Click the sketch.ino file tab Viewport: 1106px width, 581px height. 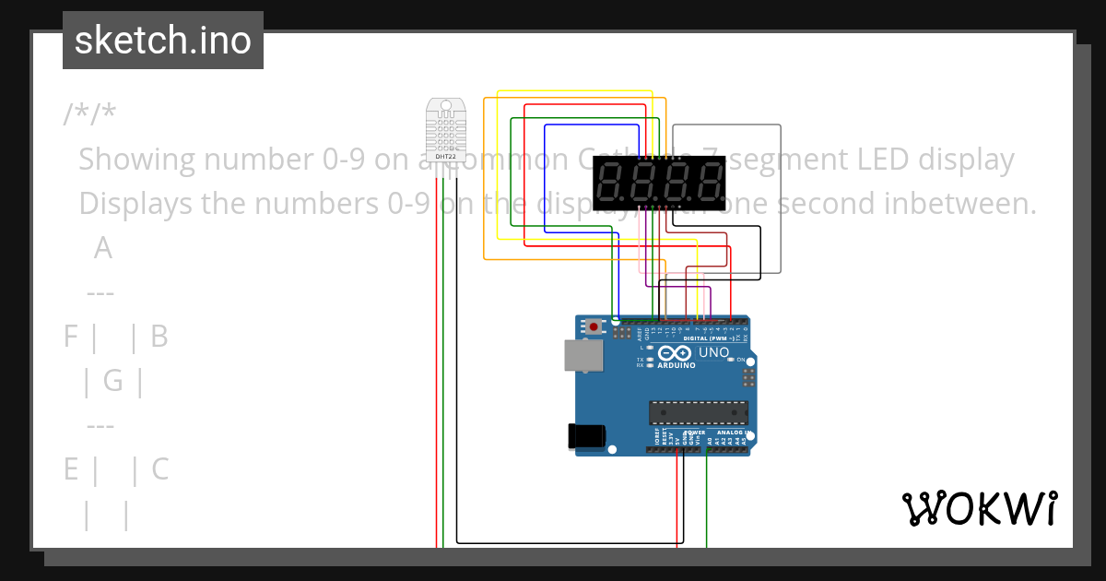163,41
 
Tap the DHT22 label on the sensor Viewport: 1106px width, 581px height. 445,157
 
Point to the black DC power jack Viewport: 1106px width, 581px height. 588,435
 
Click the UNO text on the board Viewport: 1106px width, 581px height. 714,352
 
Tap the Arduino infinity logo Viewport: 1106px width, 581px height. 674,353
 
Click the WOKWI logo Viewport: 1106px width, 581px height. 979,508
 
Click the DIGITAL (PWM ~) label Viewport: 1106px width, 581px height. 709,338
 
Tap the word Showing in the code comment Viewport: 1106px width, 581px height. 137,160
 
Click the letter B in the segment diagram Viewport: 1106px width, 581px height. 159,337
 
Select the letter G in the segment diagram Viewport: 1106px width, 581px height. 112,380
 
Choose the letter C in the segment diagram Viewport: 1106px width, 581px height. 159,469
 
